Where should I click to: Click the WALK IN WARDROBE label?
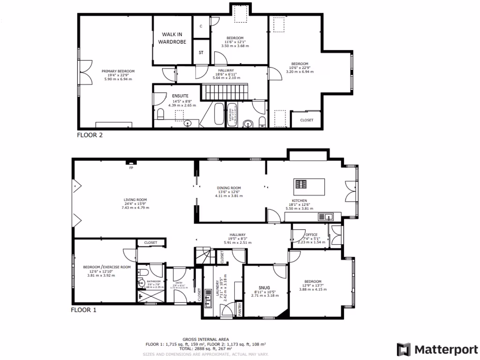174,38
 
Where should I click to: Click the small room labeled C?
201,26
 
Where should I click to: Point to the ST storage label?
201,53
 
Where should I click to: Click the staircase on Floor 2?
224,91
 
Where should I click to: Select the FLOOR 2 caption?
90,135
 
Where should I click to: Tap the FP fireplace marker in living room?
131,167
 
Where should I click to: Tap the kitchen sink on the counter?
325,216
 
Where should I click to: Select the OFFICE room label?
311,235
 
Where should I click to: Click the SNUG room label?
264,288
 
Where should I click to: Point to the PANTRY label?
239,309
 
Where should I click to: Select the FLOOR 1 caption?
83,310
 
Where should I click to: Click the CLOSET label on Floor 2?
307,120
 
